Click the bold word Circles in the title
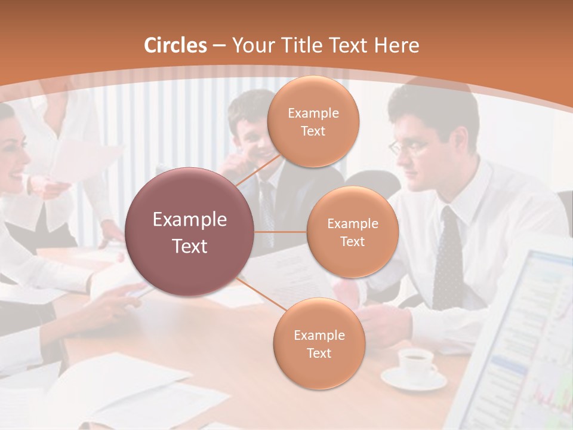click(x=175, y=45)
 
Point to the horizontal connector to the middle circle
click(x=280, y=232)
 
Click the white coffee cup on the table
click(x=416, y=363)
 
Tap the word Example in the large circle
click(x=190, y=220)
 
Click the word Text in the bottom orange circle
click(x=319, y=353)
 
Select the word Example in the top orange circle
click(x=313, y=113)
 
